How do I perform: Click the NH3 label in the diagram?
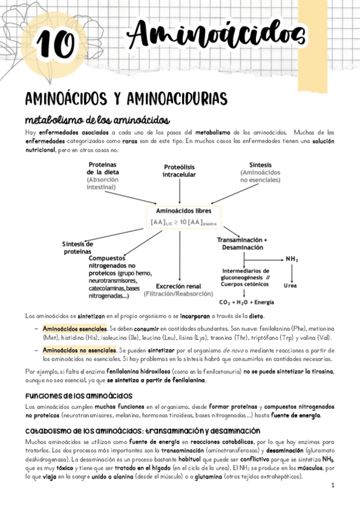click(x=292, y=259)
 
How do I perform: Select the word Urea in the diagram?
click(x=291, y=285)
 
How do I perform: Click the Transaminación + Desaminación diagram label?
click(x=242, y=244)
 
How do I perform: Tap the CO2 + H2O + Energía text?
click(x=246, y=302)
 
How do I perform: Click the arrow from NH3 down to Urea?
click(x=291, y=272)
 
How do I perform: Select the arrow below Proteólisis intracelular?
click(x=180, y=191)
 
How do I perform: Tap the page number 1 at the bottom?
click(x=332, y=485)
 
